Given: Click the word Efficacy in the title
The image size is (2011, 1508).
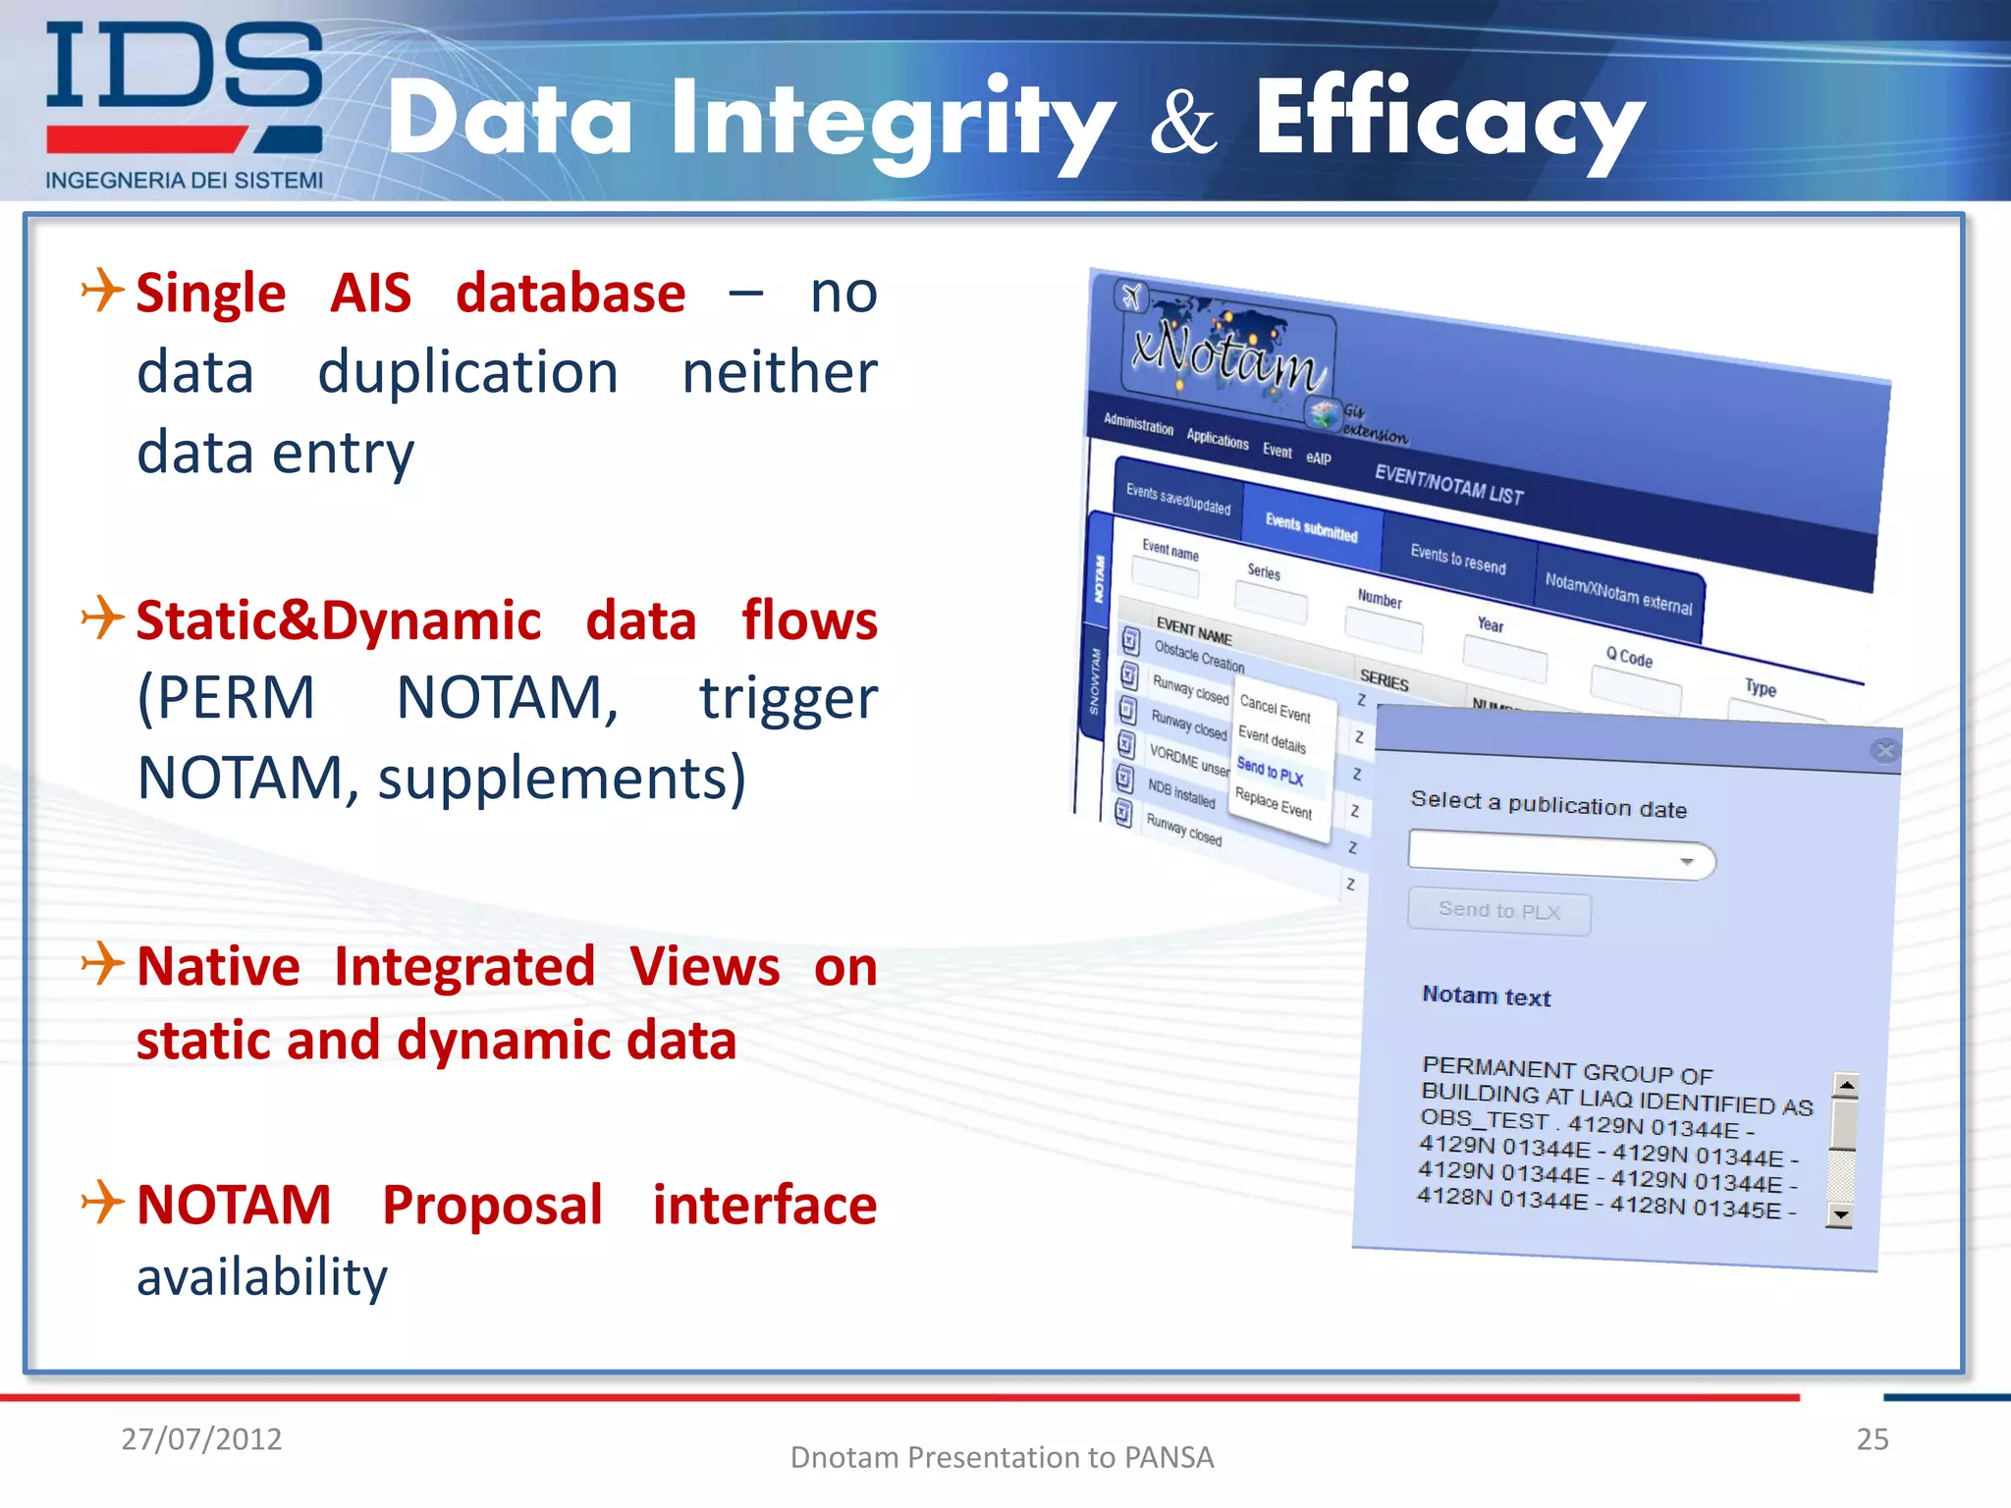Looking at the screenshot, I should click(1449, 120).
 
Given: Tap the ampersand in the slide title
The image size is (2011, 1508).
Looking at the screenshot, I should click(1183, 125).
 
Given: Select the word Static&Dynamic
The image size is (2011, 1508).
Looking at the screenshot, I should click(338, 621).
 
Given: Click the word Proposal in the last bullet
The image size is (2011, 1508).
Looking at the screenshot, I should click(492, 1206).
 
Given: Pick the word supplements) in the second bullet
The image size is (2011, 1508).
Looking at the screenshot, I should click(562, 779).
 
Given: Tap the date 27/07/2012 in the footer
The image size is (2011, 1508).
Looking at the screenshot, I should click(201, 1439).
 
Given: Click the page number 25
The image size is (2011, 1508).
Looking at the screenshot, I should click(1872, 1439).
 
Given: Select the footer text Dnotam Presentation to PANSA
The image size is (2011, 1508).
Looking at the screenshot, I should click(1002, 1458).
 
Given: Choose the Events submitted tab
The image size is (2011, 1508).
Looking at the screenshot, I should click(1311, 528).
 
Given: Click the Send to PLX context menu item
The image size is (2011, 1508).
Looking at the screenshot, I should click(1270, 772).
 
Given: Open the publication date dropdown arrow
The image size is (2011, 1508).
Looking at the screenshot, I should click(1687, 862).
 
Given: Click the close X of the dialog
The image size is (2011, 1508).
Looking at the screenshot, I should click(1883, 751).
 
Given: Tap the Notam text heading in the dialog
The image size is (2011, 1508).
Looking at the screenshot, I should click(1486, 996).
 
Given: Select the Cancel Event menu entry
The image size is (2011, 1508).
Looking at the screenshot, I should click(1275, 708).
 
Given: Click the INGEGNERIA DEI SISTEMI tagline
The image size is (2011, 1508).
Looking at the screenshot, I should click(184, 181).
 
